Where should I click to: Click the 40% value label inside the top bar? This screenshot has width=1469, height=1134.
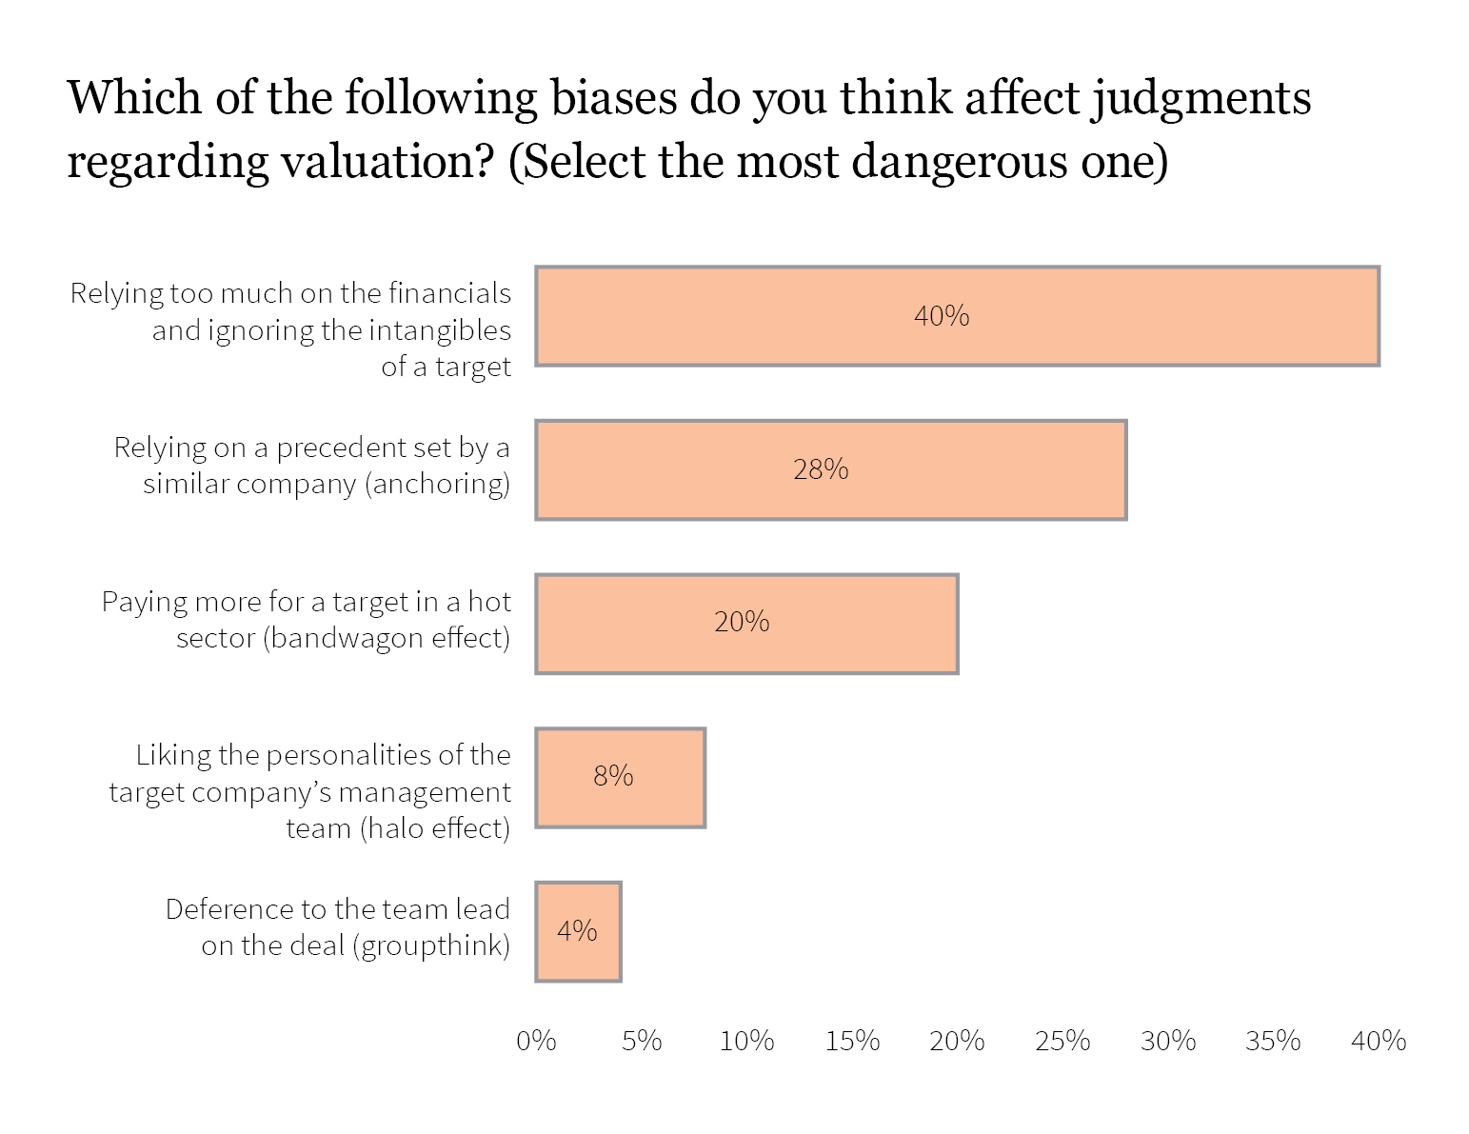(941, 315)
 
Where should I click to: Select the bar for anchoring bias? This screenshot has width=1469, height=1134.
(830, 469)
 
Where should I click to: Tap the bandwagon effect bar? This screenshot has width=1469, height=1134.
(746, 624)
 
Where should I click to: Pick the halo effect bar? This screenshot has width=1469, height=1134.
(620, 777)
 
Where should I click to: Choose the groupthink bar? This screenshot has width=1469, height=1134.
(578, 931)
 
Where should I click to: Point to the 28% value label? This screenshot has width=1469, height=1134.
(821, 469)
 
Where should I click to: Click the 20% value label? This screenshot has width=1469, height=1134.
(742, 623)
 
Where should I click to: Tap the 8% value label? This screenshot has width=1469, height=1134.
(613, 777)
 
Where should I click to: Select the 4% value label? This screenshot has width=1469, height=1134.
(577, 930)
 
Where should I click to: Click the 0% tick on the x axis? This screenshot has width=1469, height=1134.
(536, 1041)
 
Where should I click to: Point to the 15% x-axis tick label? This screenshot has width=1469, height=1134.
(852, 1041)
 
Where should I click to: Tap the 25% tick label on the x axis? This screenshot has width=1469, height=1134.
(1062, 1041)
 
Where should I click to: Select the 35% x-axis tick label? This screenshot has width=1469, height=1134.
(1273, 1041)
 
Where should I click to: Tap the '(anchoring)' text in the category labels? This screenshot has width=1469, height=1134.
(437, 484)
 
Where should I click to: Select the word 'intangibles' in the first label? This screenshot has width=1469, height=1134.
(440, 330)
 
